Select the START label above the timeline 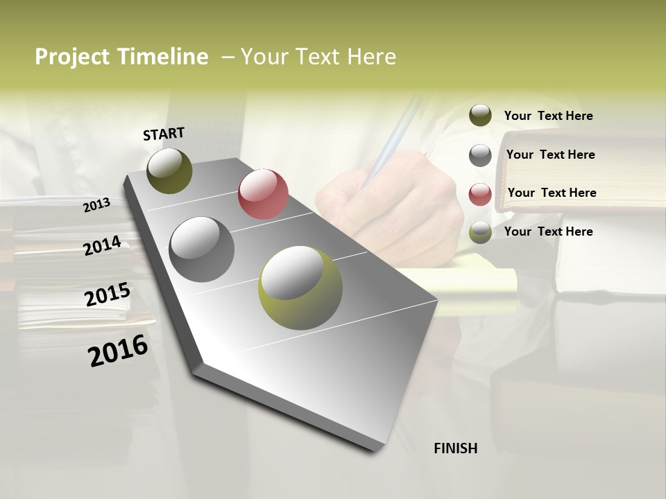164,134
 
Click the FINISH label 456,448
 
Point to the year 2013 97,204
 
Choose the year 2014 103,245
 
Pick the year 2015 108,295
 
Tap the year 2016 118,351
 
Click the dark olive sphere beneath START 169,170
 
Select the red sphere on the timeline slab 263,194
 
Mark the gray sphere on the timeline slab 202,249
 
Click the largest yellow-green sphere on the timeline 300,288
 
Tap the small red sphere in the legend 480,194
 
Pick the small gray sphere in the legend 480,155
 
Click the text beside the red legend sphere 552,193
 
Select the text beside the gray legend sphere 550,155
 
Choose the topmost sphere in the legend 480,115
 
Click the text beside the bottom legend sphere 548,231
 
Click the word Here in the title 372,57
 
